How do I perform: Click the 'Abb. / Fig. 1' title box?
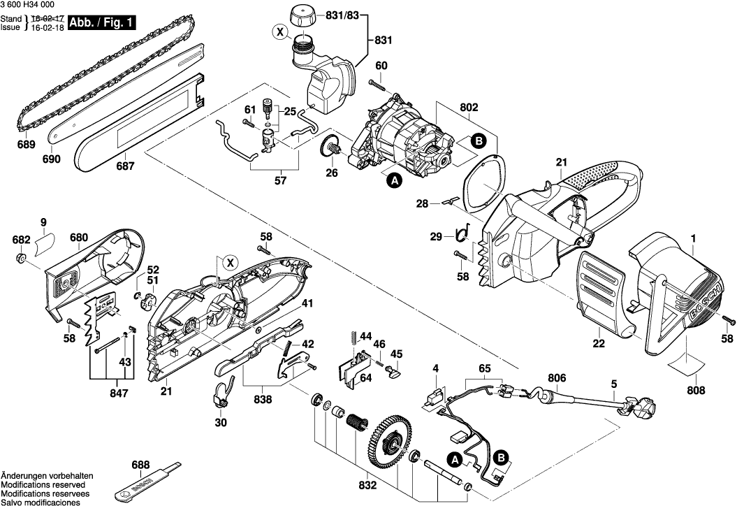101,23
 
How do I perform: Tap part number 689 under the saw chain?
27,145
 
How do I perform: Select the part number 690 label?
52,159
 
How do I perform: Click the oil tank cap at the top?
302,14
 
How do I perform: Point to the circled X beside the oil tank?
280,32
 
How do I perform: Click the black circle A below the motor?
394,181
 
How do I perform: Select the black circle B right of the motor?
479,140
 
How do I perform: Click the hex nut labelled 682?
22,260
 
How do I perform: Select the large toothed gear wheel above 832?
388,438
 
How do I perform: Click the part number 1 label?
693,239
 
